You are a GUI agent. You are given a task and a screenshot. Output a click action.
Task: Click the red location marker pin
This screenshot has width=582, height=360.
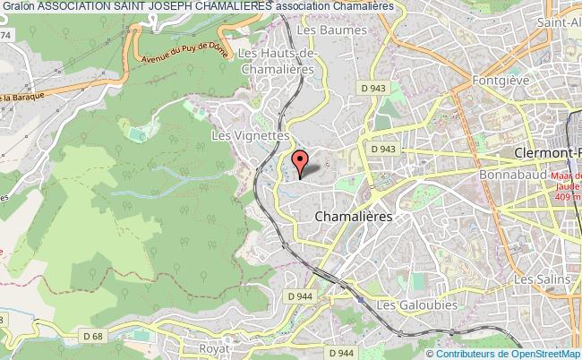(x=301, y=161)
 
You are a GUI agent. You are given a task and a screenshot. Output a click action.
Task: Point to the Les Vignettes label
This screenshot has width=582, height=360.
(x=251, y=134)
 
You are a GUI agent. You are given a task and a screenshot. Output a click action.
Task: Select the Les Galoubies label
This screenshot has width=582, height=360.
(x=416, y=305)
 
